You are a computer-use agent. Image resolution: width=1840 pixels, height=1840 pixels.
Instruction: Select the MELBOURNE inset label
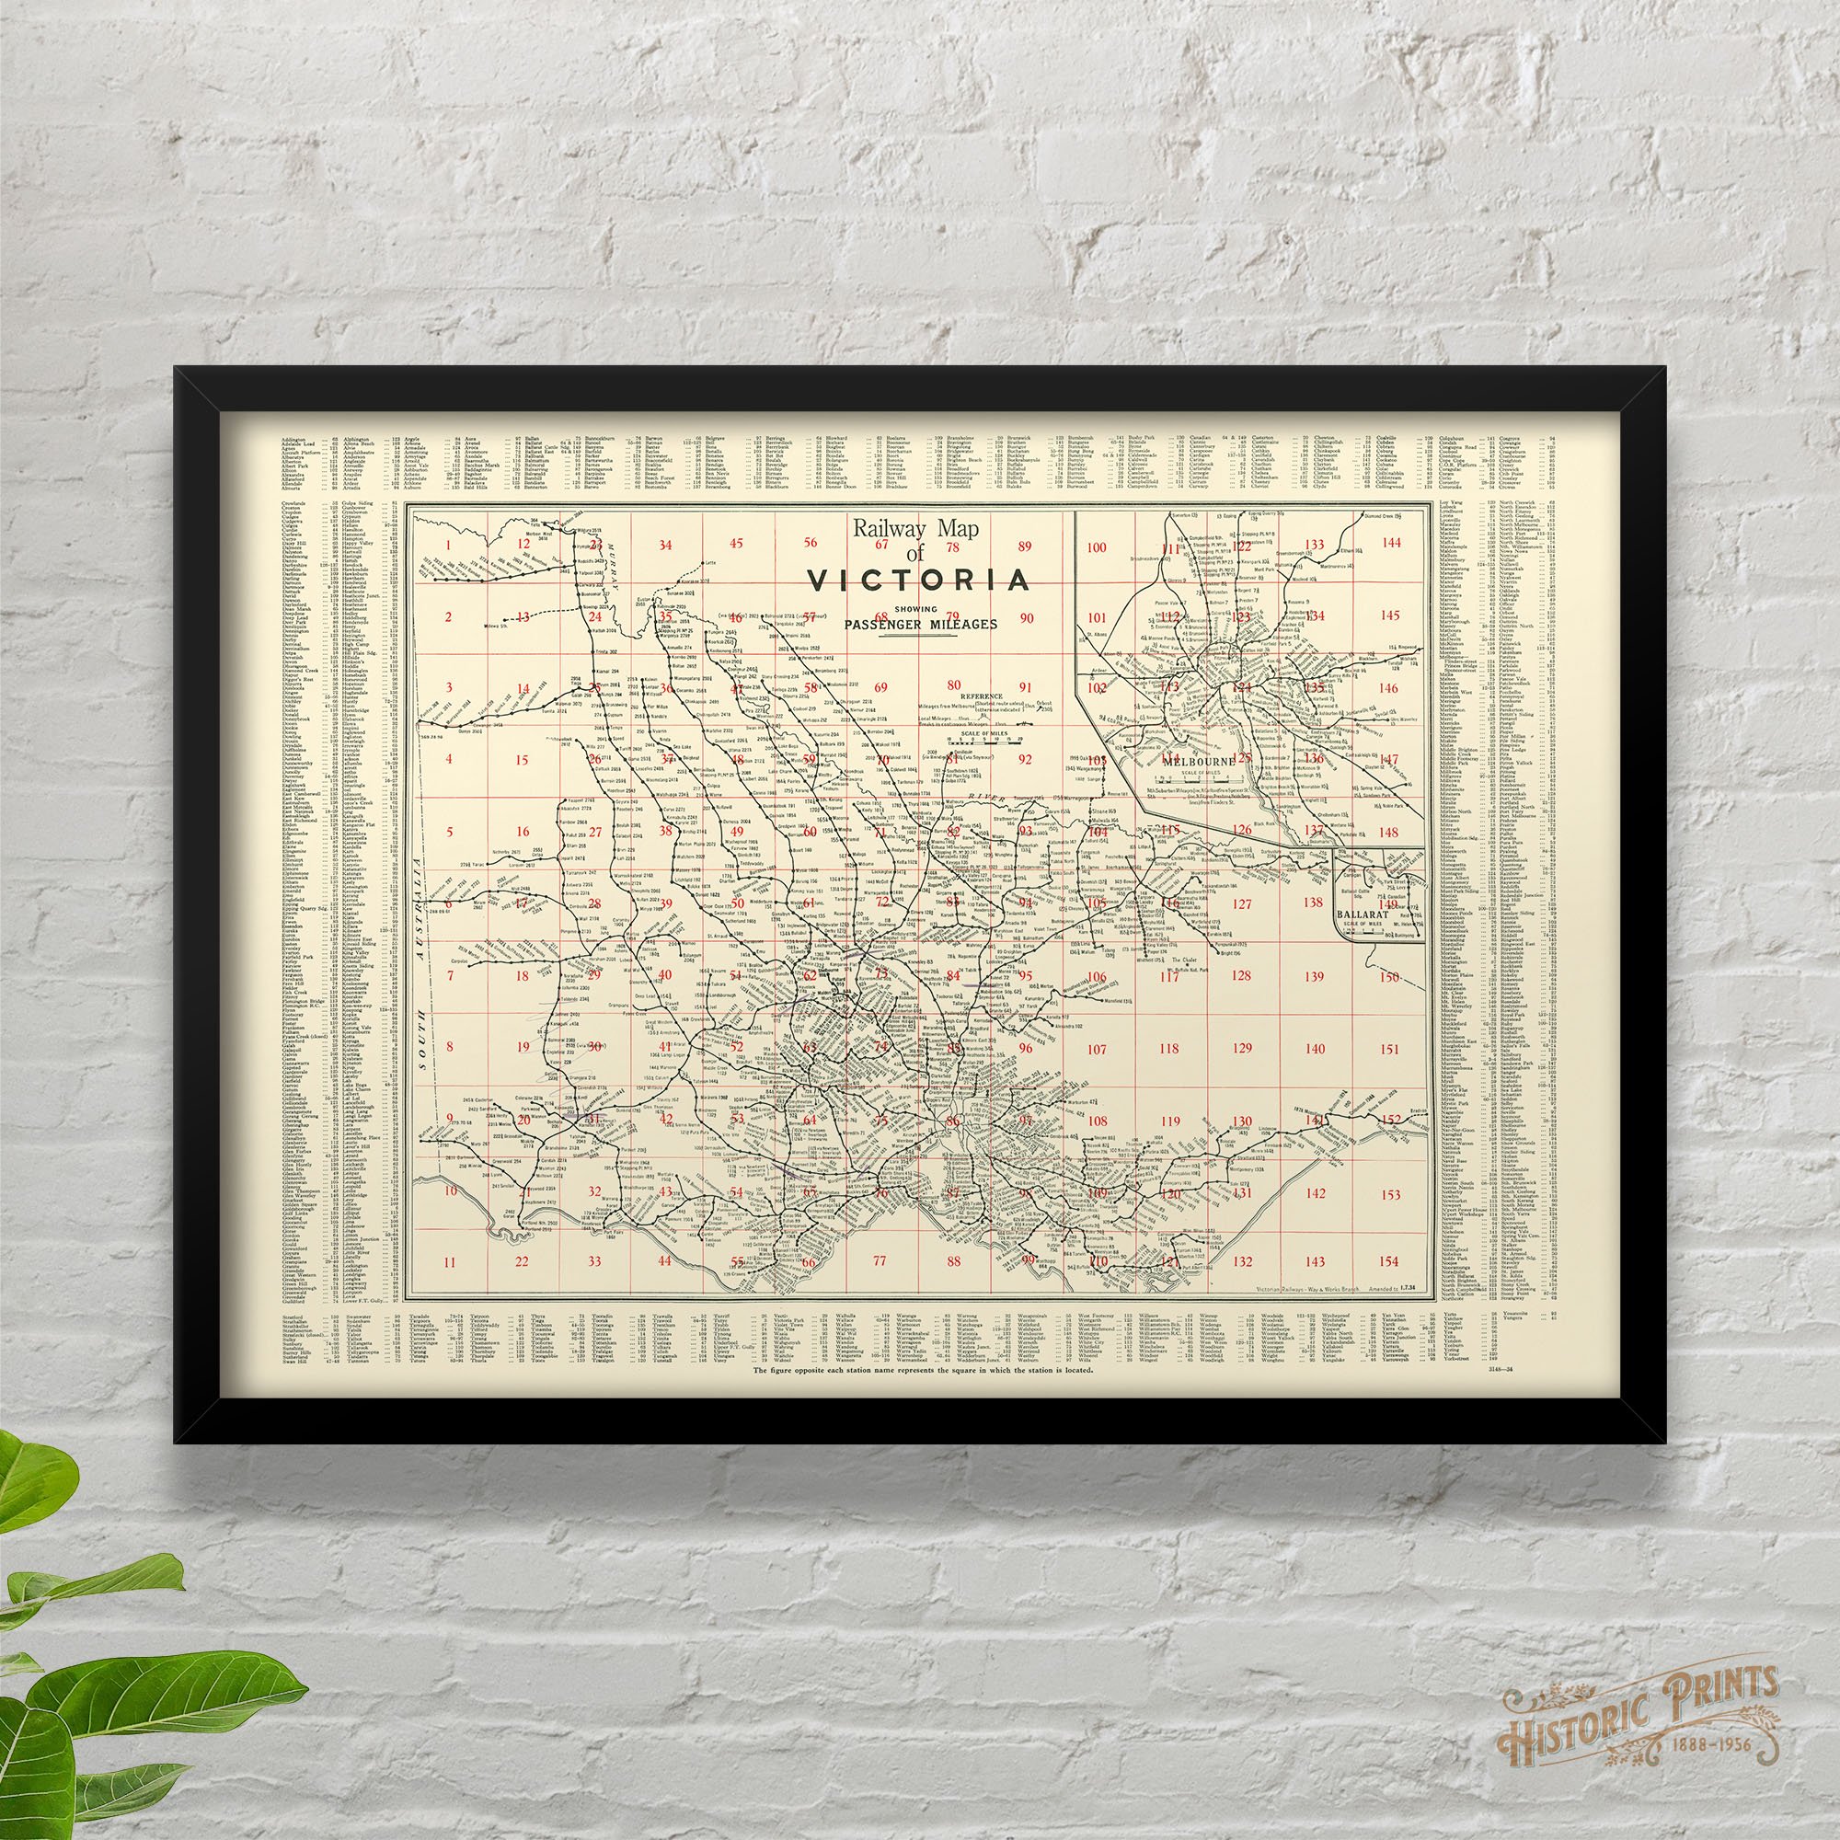[1188, 760]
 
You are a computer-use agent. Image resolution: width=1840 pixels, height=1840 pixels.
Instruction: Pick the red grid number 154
[1389, 1261]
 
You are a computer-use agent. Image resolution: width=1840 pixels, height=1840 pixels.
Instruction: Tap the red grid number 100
[1098, 547]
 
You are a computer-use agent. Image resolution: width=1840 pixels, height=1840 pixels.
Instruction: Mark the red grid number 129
[1241, 1049]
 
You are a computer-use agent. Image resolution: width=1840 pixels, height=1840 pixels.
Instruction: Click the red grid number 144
[1390, 543]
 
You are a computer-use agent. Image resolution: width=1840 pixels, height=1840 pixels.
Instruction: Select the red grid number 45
[736, 544]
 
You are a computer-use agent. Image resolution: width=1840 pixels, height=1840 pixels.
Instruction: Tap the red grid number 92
[1025, 760]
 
